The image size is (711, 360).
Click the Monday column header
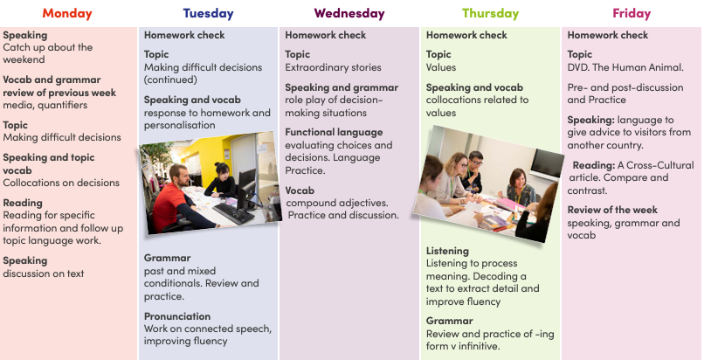(67, 14)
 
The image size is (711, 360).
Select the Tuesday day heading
(208, 14)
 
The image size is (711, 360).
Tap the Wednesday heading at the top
(349, 14)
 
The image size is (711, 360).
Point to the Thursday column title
(491, 14)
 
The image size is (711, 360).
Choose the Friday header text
(632, 14)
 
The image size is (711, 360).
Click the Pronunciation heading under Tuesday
(177, 316)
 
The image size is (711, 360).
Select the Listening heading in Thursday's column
(447, 251)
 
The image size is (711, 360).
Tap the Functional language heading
(334, 133)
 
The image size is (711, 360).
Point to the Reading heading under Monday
(23, 203)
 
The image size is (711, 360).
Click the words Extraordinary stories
(333, 67)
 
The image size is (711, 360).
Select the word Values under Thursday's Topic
(441, 67)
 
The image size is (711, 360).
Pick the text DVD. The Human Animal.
(625, 67)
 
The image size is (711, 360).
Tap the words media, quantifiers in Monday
(45, 105)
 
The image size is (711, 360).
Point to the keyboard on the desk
(233, 213)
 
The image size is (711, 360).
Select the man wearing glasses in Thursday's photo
(473, 171)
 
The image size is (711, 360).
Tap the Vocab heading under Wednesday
(300, 190)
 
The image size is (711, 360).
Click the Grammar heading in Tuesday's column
(168, 258)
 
